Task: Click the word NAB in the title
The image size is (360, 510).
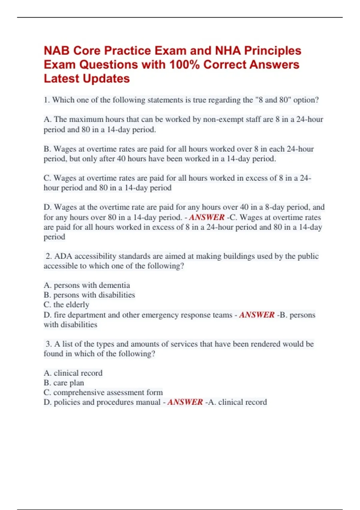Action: tap(57, 51)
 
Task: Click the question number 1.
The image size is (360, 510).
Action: tap(46, 100)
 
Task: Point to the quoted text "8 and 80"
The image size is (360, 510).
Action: tap(273, 100)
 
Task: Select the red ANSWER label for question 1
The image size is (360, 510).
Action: tap(207, 217)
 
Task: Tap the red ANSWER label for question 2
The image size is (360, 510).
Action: tap(257, 315)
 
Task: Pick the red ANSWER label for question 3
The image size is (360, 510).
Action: tap(185, 402)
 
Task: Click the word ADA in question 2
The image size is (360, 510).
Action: tap(63, 256)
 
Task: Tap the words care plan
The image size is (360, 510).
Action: tap(69, 383)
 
